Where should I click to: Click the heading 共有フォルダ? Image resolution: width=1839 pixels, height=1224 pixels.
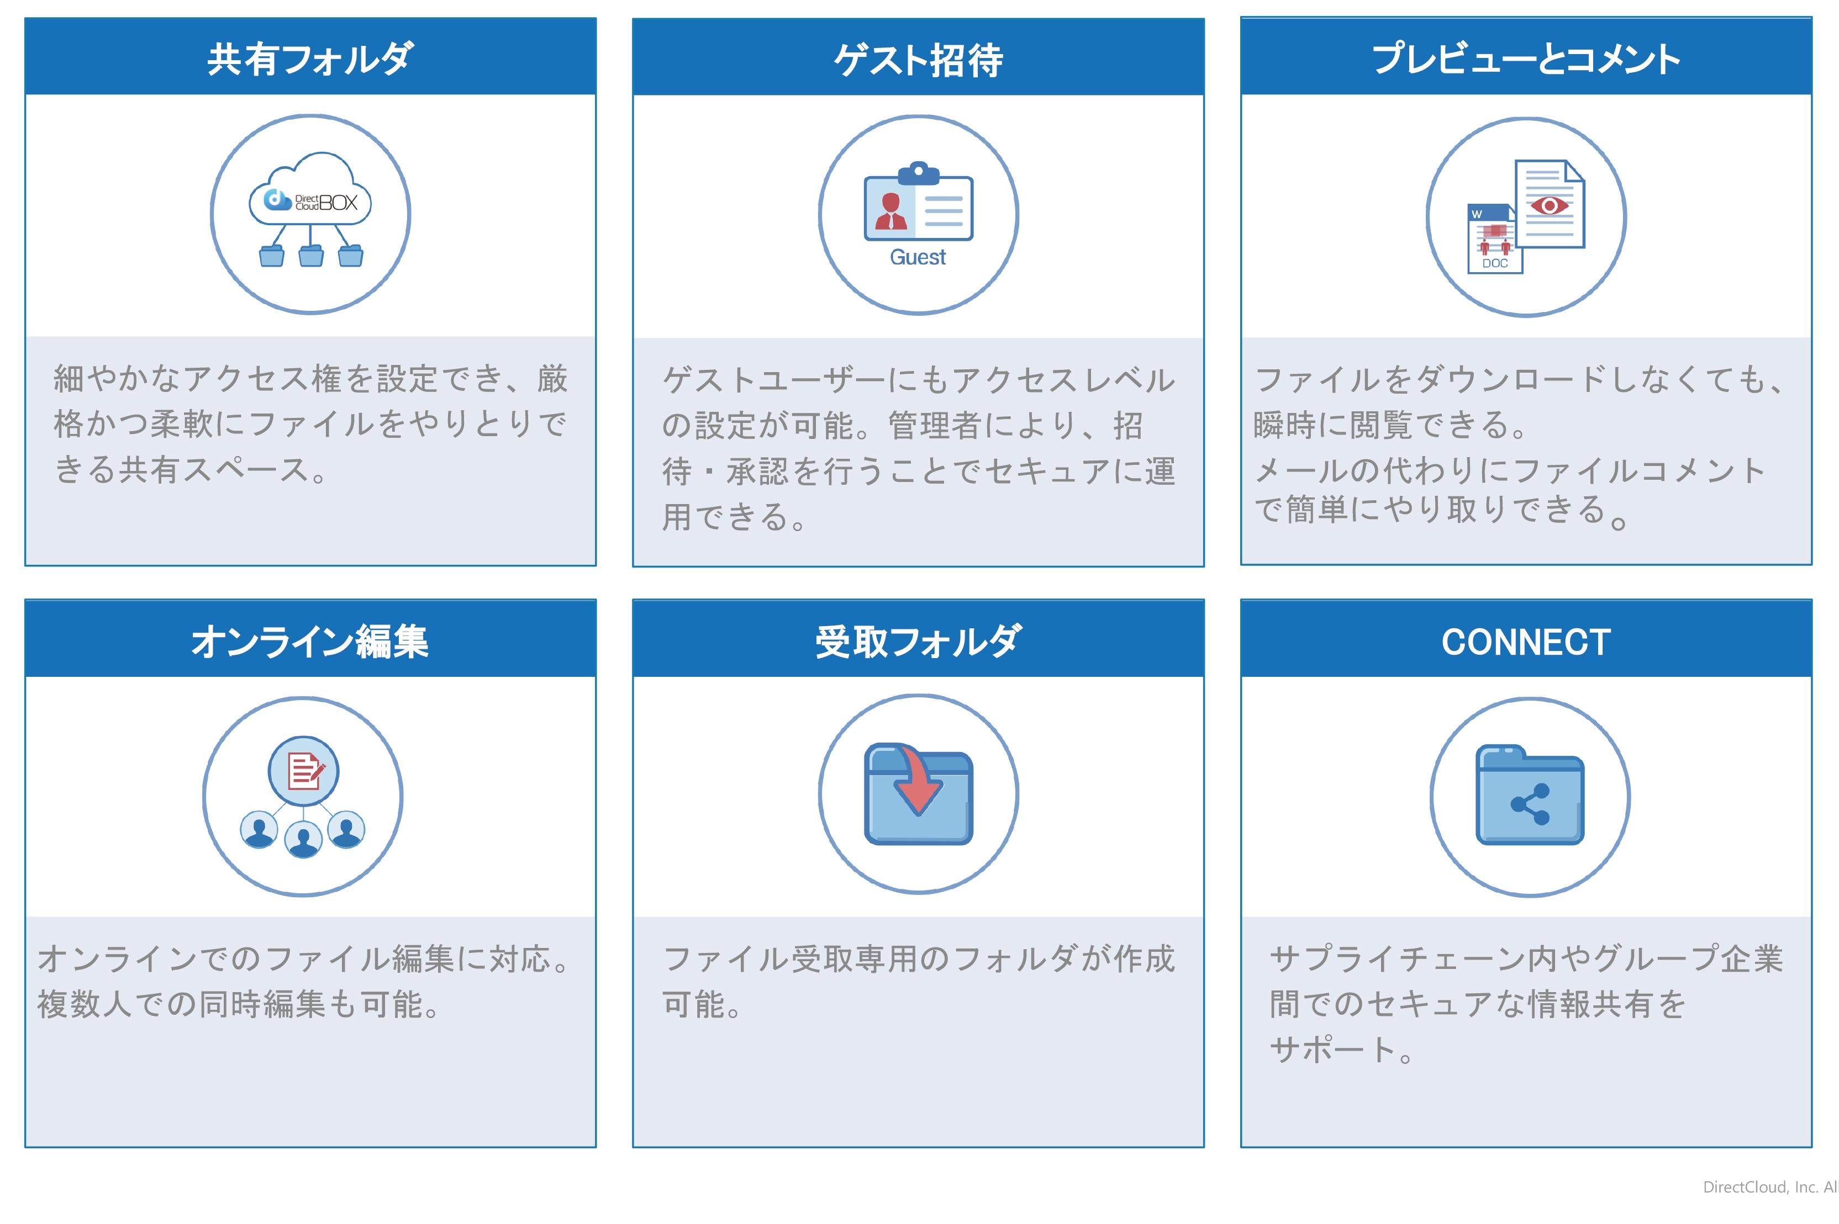(310, 59)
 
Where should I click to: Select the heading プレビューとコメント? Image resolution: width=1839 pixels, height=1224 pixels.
(1525, 59)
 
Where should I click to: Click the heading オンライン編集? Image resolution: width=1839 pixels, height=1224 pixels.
(310, 641)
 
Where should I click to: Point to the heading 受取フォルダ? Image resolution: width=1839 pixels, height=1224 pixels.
(918, 641)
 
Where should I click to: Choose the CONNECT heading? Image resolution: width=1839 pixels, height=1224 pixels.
(1526, 642)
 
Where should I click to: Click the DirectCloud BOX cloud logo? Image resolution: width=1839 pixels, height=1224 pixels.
(310, 189)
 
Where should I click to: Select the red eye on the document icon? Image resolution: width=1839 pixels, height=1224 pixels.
(1550, 205)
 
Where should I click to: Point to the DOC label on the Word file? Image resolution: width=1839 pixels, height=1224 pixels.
(1495, 263)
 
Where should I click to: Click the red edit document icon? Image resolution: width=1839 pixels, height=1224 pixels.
(304, 771)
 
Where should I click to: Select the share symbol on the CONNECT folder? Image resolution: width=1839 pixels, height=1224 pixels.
(1531, 804)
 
